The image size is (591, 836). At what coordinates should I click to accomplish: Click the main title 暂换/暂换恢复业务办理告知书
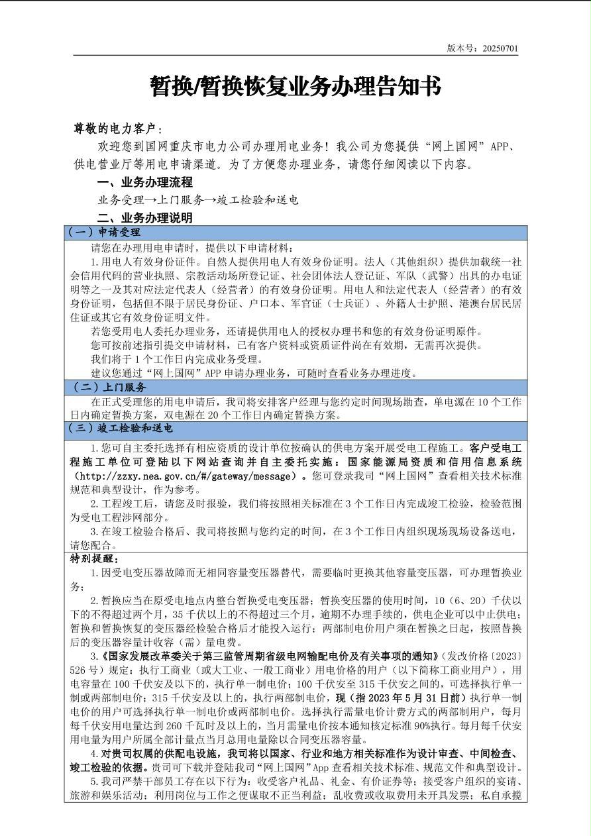pos(295,86)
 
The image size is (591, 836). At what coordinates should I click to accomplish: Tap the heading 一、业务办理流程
pos(145,182)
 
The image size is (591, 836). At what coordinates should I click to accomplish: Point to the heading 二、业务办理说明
pos(145,217)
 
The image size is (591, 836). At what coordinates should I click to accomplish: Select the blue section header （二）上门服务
pos(107,387)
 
